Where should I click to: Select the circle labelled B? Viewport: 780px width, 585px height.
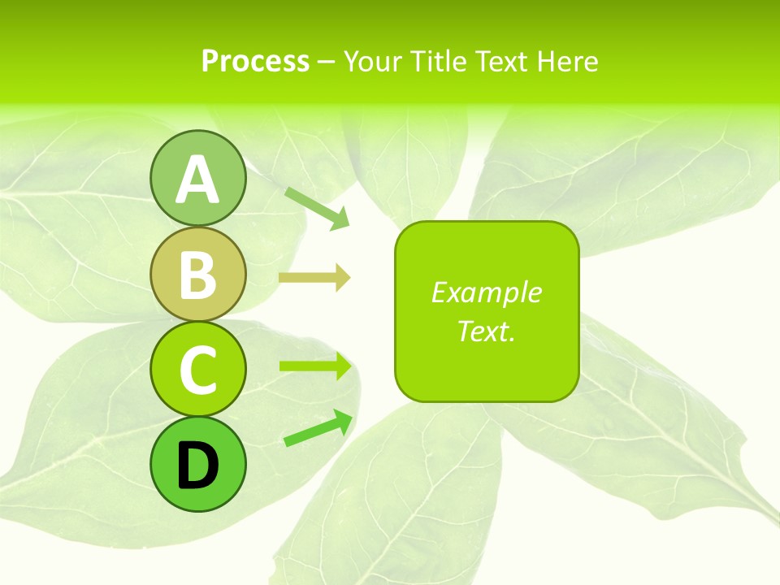pos(197,275)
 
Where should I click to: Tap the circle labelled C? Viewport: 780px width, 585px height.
pos(197,370)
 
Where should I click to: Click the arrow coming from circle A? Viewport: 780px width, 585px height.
pos(317,206)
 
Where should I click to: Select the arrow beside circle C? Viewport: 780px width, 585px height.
pos(314,366)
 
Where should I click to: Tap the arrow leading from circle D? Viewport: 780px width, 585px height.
pos(318,429)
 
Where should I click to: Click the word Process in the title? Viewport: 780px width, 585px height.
pos(255,61)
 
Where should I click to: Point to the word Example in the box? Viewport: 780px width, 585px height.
pos(486,292)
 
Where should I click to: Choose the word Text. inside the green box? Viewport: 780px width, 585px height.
pos(486,331)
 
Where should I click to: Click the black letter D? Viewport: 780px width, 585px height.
pos(197,466)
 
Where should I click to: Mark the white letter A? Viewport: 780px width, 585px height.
pos(197,180)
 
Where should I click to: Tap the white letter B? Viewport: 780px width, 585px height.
pos(197,275)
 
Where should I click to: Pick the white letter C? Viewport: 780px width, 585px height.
pos(197,370)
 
